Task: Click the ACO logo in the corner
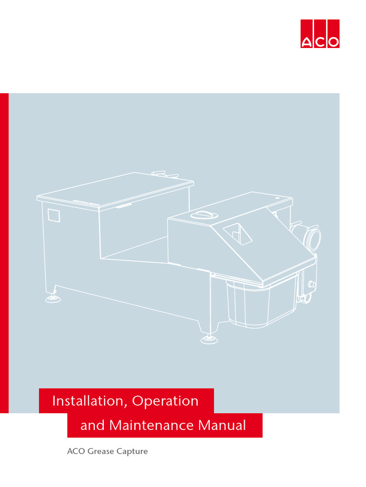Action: [x=320, y=34]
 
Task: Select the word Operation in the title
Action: [x=165, y=401]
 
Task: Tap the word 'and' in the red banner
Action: [x=92, y=425]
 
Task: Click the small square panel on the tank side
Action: [x=54, y=214]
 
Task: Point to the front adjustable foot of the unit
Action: [x=208, y=339]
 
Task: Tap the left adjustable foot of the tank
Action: [x=51, y=298]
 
